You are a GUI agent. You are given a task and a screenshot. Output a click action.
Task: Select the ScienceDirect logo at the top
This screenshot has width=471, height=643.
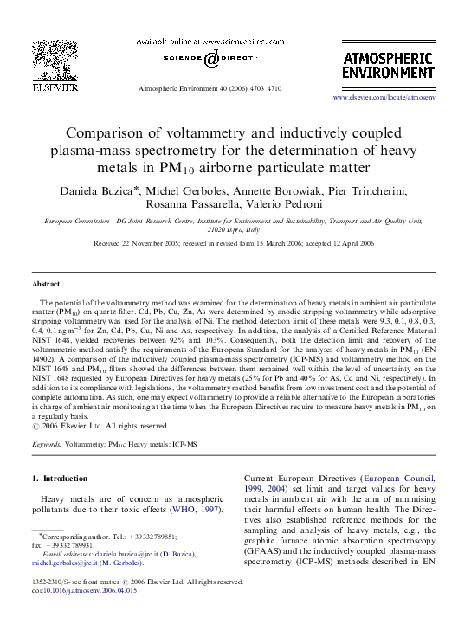(213, 59)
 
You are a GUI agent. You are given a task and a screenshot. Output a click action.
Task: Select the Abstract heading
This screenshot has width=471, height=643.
(46, 284)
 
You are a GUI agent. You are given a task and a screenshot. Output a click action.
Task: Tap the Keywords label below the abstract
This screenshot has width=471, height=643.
(51, 444)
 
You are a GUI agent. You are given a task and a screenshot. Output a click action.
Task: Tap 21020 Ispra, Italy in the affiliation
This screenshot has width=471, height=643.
(234, 231)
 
